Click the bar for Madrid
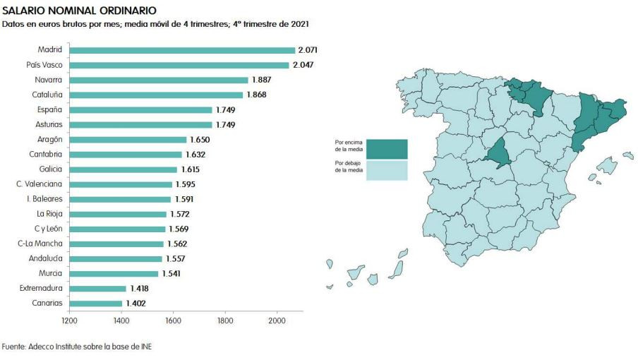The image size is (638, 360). coord(182,50)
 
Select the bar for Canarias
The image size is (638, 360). coord(96,304)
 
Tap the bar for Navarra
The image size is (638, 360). coord(159,80)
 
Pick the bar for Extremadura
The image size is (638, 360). coord(98,289)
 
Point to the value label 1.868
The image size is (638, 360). coord(256,95)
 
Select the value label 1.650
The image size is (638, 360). coord(200,140)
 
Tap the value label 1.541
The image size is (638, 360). coord(171,273)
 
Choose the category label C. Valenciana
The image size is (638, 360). coord(40,184)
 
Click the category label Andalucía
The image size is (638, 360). coord(44,258)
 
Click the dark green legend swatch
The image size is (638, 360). coord(387,149)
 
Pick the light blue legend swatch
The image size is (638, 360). coord(387,170)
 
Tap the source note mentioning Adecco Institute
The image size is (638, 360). coord(76,347)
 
